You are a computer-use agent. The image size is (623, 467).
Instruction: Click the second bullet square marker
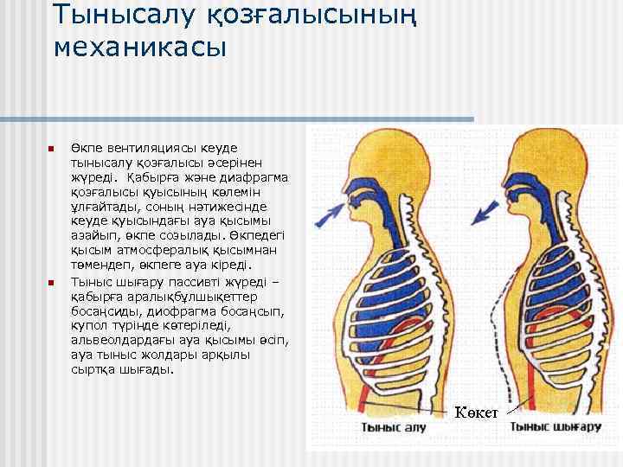pos(51,283)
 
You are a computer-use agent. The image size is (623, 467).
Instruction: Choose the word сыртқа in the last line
pos(92,369)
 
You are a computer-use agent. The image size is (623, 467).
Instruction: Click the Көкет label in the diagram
pos(476,411)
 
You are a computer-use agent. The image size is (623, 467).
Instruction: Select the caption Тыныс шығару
pos(555,426)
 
